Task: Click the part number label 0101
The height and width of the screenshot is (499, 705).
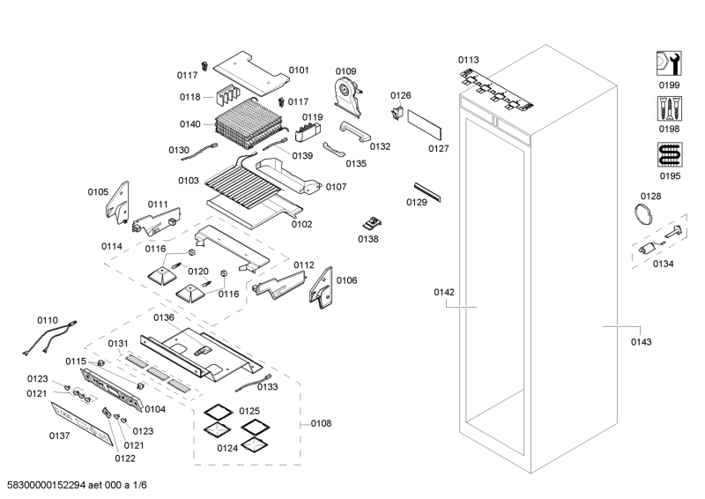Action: coord(299,70)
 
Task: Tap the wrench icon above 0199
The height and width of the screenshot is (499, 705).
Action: coord(669,62)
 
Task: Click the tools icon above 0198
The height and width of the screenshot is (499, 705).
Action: coord(669,108)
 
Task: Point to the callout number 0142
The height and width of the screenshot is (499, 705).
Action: coord(443,292)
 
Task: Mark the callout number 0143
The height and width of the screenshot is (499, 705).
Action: coord(642,341)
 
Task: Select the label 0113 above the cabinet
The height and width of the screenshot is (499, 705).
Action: coord(469,60)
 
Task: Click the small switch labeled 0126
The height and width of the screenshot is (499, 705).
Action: coord(398,112)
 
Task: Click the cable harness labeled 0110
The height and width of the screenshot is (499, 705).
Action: coord(49,338)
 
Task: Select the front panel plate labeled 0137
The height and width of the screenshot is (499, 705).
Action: coord(80,421)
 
